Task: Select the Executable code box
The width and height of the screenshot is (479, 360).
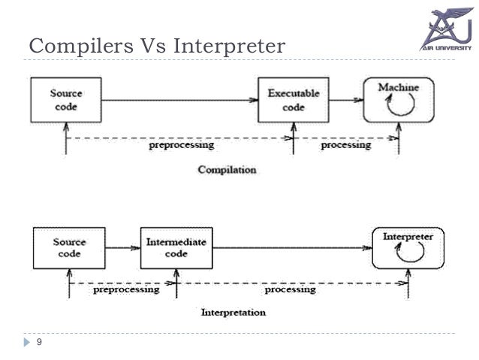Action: point(288,99)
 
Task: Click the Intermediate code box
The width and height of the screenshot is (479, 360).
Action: point(176,248)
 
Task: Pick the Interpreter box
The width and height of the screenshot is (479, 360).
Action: point(408,248)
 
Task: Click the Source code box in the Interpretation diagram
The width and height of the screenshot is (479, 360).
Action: point(68,248)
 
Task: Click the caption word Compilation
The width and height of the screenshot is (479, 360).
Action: point(226,170)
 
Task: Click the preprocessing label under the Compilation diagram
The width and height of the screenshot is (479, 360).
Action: point(180,145)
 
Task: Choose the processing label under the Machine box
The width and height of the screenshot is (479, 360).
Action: point(345,145)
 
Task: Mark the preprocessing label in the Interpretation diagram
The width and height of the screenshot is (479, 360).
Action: point(125,289)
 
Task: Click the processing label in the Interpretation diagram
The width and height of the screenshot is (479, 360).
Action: point(291,289)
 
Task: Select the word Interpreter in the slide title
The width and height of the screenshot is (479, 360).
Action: point(230,47)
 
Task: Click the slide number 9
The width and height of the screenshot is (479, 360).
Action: point(40,343)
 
